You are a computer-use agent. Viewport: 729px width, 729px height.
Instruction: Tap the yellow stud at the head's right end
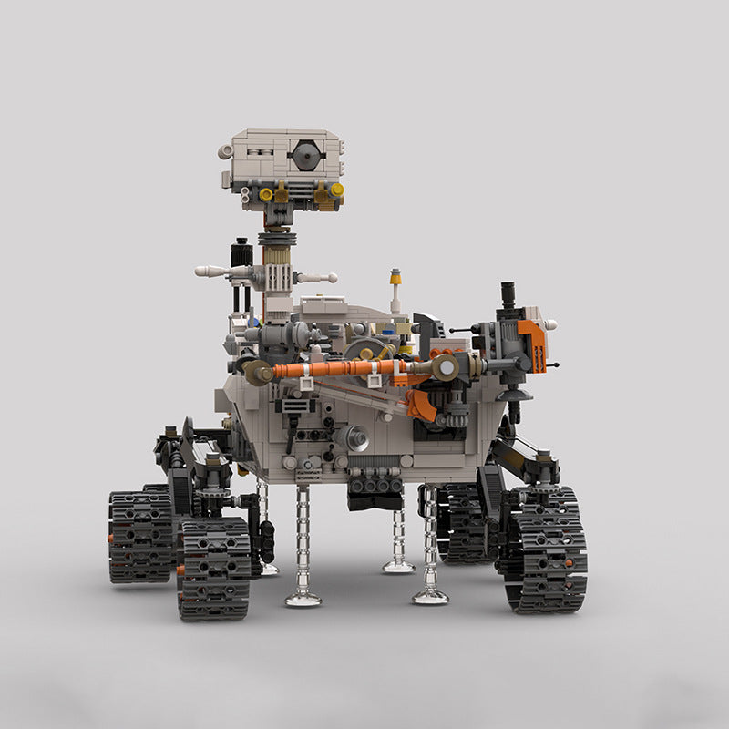(336, 190)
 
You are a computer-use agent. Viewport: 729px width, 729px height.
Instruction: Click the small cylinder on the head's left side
(226, 152)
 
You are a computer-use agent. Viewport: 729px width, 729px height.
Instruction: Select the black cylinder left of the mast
(241, 253)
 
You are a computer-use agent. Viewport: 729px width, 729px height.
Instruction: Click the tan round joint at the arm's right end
(447, 366)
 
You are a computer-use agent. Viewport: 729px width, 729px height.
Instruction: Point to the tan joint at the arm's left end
(258, 371)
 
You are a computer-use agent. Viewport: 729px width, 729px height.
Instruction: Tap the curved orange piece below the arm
(420, 405)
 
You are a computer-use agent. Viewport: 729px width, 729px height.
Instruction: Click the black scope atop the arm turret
(508, 295)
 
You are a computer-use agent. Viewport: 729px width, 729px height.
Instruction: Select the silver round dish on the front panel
(355, 438)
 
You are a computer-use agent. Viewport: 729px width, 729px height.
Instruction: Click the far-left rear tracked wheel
(140, 536)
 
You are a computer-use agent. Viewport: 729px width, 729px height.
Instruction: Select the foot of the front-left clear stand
(303, 598)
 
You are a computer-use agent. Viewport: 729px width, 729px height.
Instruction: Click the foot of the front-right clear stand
(430, 596)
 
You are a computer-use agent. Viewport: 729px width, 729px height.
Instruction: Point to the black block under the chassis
(375, 493)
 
